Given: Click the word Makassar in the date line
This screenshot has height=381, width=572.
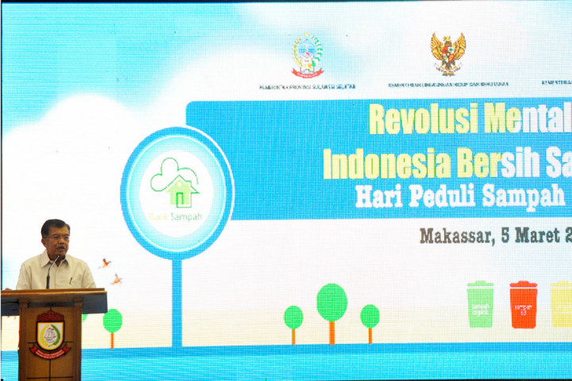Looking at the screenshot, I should tap(454, 236).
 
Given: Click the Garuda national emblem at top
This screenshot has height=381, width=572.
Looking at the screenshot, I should tap(448, 53).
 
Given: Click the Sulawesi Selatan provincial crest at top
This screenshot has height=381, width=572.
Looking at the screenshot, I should tap(307, 55).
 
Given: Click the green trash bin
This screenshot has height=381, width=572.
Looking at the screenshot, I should tap(480, 304).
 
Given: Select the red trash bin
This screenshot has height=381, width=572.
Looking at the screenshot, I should tap(524, 305).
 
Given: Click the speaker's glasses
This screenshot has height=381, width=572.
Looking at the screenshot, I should tap(57, 236).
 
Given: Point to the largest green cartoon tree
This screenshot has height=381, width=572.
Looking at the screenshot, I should tap(332, 302).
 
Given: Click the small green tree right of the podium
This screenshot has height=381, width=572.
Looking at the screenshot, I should tap(113, 321).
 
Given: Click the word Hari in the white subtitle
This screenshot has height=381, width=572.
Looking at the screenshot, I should tap(375, 196).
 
